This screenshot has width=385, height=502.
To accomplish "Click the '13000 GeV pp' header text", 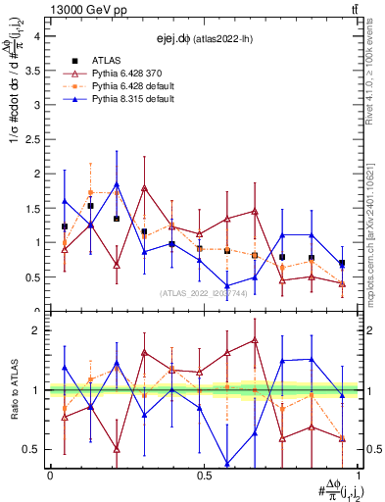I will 84,9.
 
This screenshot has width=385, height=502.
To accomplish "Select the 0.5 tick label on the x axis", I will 203,476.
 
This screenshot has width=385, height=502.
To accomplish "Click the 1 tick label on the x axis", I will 357,476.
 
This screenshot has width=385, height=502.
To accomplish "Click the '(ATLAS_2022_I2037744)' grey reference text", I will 204,292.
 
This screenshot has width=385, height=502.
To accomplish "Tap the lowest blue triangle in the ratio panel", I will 227,464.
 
